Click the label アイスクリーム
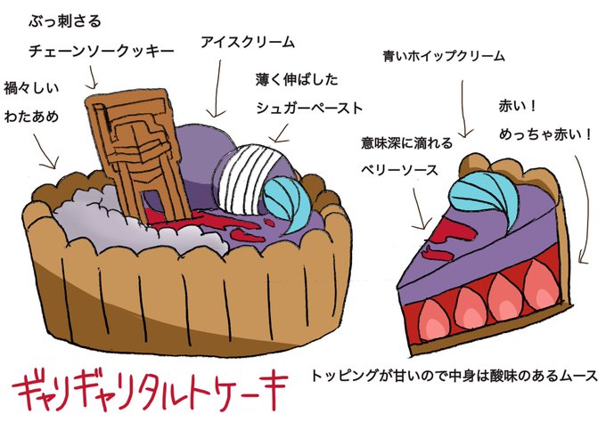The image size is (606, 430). tap(248, 42)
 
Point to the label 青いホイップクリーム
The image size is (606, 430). tap(443, 55)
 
